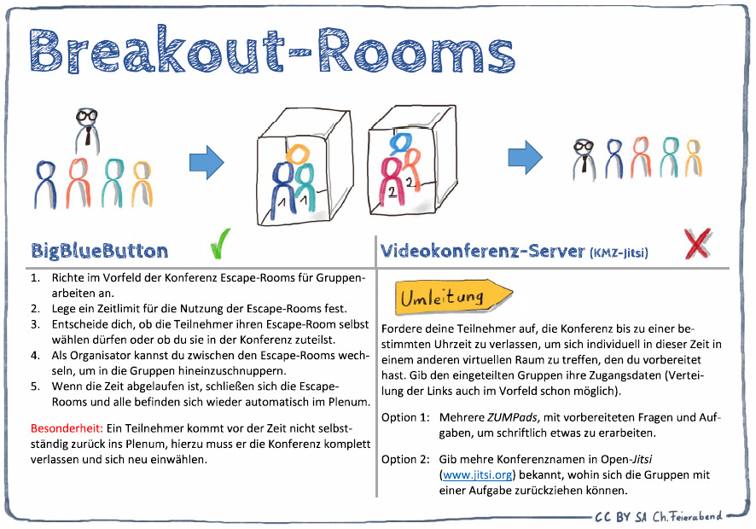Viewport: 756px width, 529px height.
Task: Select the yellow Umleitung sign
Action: click(452, 298)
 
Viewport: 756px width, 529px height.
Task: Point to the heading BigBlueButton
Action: click(100, 250)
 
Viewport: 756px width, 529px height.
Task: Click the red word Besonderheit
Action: click(66, 426)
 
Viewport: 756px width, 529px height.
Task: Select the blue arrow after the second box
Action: click(525, 155)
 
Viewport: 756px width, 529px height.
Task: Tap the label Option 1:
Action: click(404, 417)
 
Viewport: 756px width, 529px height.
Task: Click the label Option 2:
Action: click(404, 459)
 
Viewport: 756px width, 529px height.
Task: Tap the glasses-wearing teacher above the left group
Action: click(86, 128)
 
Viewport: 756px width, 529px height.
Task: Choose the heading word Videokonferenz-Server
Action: click(483, 251)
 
